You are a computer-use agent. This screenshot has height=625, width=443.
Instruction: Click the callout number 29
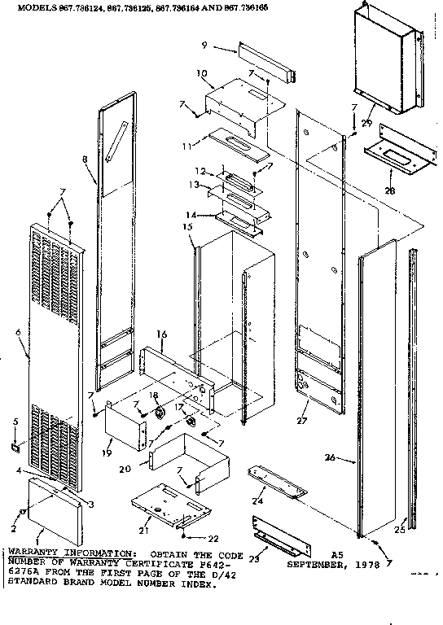pyautogui.click(x=367, y=123)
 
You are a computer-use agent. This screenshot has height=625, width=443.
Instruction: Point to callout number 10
pyautogui.click(x=200, y=74)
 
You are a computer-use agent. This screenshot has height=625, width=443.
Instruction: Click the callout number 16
pyautogui.click(x=161, y=334)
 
